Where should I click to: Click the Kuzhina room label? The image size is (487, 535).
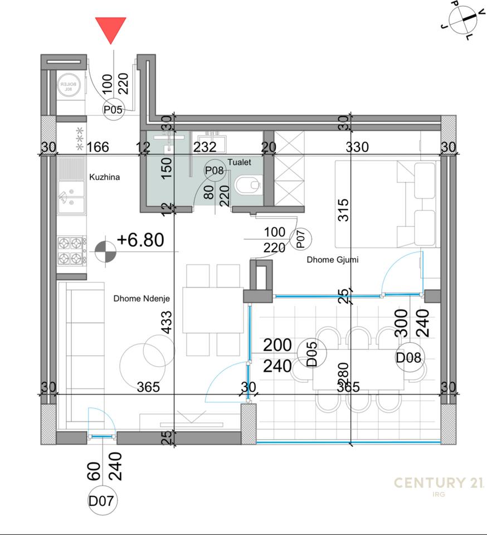point(105,177)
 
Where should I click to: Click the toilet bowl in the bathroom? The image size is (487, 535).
point(247,184)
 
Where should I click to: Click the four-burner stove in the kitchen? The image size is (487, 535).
point(72,250)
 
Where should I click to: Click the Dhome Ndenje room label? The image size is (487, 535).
point(142,299)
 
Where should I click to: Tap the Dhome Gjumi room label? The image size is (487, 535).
point(332,260)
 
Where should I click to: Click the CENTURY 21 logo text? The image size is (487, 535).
point(439,483)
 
